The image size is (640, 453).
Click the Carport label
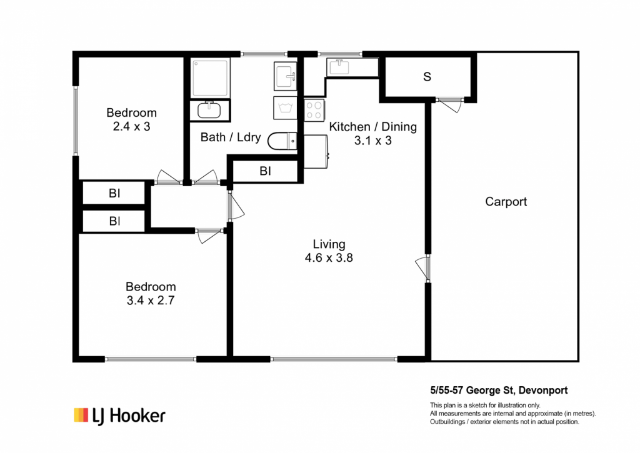(x=506, y=202)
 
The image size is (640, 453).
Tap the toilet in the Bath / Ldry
(x=282, y=141)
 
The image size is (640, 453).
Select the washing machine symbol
(x=285, y=108)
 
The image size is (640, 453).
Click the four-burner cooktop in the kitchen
(x=314, y=110)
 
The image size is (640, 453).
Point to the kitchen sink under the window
(x=339, y=67)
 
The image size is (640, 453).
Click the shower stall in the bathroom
(x=210, y=78)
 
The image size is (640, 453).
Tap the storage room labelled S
(x=427, y=77)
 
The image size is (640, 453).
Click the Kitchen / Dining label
(x=372, y=126)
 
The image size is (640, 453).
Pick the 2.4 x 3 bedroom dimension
(x=131, y=126)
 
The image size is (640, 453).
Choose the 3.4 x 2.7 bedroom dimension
(x=151, y=301)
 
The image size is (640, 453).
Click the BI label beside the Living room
(x=265, y=171)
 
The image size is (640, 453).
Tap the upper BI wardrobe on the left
(x=114, y=193)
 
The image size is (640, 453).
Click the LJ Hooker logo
(x=119, y=416)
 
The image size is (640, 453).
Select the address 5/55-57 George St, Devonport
(x=499, y=390)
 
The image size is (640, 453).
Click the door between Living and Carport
(x=423, y=268)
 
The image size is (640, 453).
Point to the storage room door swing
(x=449, y=104)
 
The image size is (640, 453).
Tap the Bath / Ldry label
(x=231, y=137)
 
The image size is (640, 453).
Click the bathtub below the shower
(x=210, y=110)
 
